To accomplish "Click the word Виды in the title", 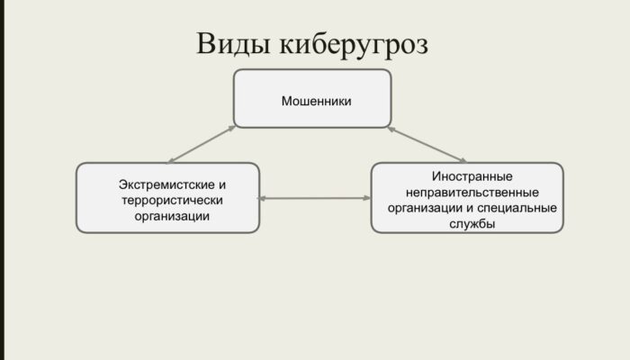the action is click(233, 44).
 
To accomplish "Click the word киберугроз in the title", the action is click(354, 45).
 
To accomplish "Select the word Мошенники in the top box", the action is click(316, 101).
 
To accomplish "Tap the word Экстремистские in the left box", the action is click(166, 184).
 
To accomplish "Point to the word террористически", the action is click(173, 200).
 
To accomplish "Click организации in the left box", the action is click(172, 217).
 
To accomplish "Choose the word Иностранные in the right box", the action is click(472, 176).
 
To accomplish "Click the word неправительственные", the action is click(472, 192).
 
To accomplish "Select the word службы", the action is click(472, 223).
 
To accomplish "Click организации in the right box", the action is click(425, 208).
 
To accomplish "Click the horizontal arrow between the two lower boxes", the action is click(314, 198).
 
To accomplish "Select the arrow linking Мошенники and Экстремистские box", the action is click(202, 144).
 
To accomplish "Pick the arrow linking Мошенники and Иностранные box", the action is click(427, 144).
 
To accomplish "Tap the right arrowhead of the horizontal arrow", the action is click(367, 198).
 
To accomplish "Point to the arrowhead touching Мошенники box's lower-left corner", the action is click(231, 128).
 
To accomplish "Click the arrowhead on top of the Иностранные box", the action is click(463, 160).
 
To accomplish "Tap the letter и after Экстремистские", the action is click(222, 185).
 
